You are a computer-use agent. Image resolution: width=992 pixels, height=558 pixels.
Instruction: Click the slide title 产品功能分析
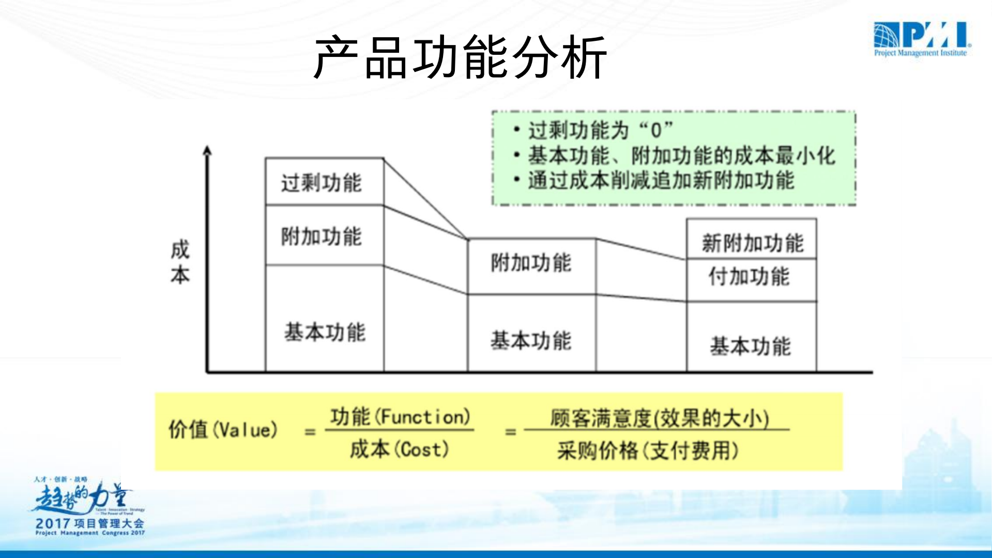460,57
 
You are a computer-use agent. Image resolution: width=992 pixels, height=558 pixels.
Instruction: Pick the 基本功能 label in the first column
325,331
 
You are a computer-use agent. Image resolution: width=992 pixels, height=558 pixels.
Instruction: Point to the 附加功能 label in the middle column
531,263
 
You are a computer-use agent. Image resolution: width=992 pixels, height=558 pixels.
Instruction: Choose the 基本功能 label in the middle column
531,340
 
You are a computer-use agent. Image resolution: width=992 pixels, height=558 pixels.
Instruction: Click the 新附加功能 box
752,242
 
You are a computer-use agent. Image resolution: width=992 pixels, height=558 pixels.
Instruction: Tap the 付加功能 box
749,276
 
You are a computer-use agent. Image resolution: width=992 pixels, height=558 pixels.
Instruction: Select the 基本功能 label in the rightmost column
750,345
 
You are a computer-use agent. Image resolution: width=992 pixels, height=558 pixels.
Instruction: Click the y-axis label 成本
180,262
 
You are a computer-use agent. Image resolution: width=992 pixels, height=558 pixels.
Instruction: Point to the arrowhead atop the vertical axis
207,150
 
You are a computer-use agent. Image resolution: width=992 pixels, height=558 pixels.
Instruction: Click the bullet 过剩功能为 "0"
600,130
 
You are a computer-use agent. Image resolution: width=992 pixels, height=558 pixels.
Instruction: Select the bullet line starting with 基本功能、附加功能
681,155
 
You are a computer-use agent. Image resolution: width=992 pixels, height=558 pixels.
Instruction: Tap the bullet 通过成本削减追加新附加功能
660,180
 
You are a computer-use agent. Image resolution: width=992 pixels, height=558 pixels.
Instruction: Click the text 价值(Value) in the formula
223,429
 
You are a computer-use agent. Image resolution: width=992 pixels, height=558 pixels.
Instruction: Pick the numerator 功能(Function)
400,416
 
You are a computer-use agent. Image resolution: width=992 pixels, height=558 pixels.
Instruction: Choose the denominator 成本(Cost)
399,449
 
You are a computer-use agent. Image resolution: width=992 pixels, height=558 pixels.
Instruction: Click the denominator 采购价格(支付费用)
648,450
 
